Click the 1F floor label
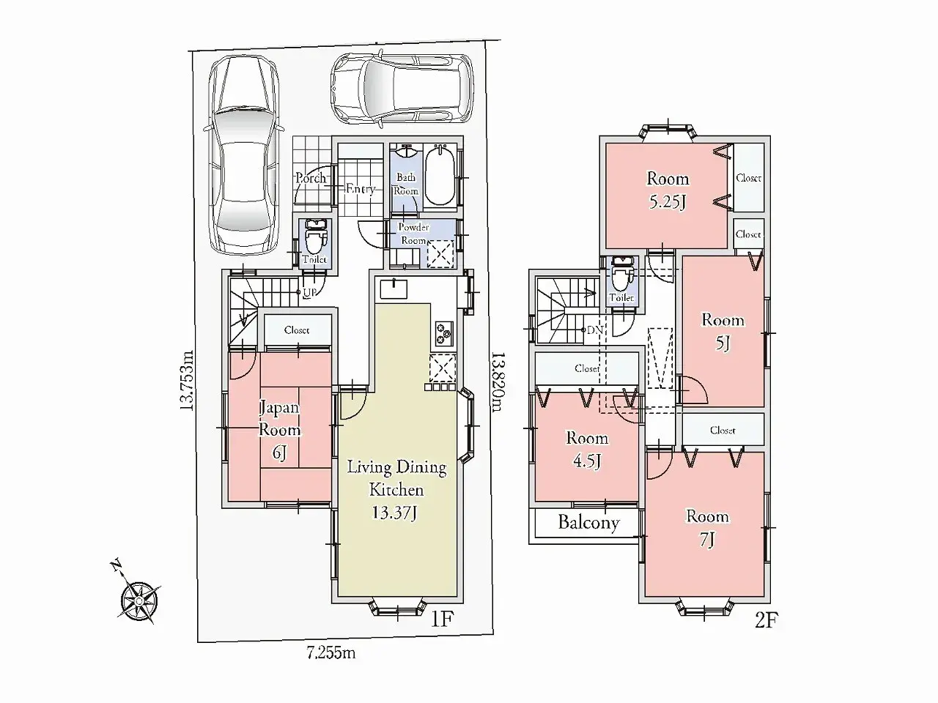(x=443, y=619)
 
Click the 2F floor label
(x=765, y=621)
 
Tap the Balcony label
(x=588, y=523)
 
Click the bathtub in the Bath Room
(x=440, y=176)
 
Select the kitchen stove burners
(x=443, y=333)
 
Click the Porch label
(x=311, y=178)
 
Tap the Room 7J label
(x=706, y=527)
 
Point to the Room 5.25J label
(x=667, y=190)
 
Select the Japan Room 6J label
(x=279, y=431)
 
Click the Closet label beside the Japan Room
(x=297, y=330)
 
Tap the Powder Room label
(x=413, y=234)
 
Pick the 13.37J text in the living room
(x=394, y=513)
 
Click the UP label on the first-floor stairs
(x=311, y=293)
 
